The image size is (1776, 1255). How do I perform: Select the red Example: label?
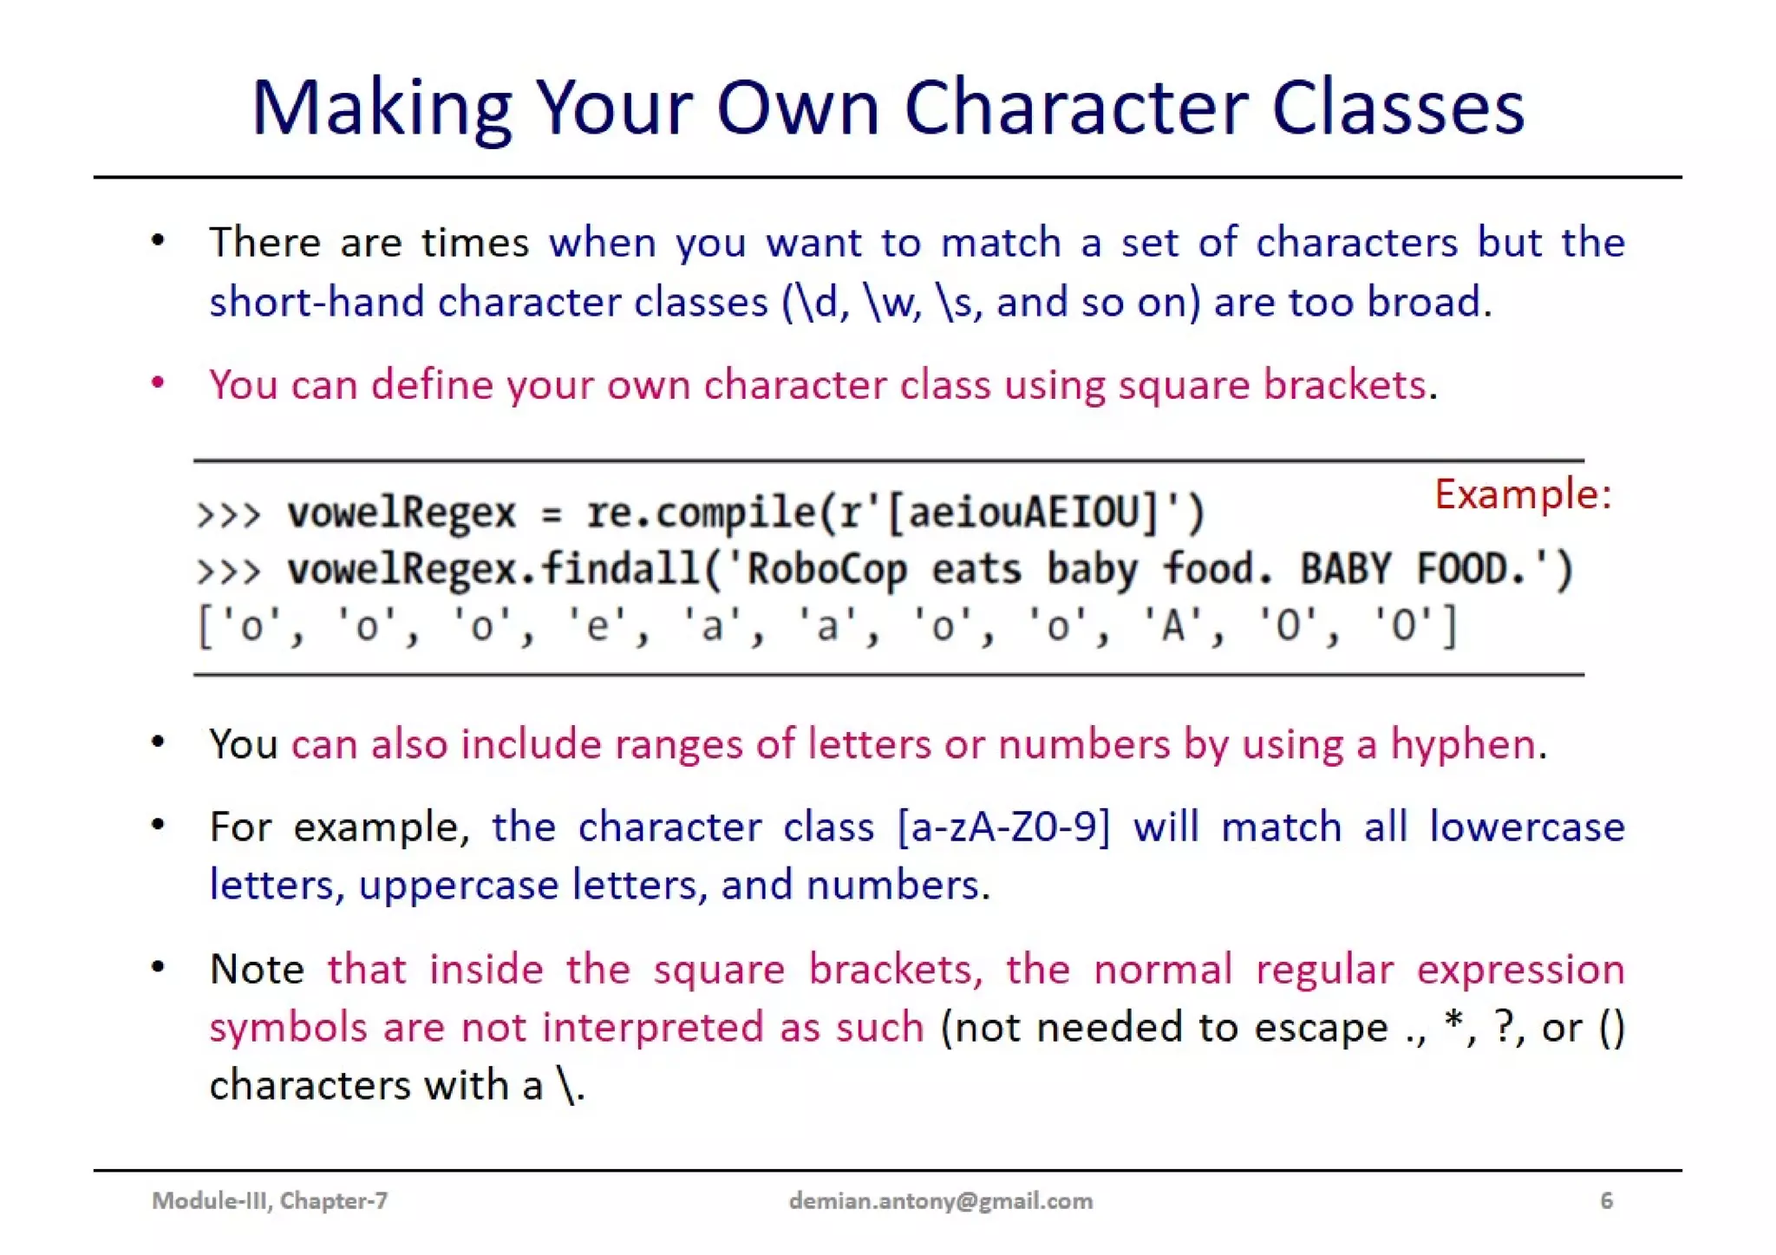pyautogui.click(x=1522, y=494)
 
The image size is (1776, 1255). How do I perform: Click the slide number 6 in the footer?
pyautogui.click(x=1606, y=1200)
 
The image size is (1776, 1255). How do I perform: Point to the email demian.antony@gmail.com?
pyautogui.click(x=941, y=1200)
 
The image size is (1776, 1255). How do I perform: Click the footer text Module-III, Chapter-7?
pyautogui.click(x=270, y=1200)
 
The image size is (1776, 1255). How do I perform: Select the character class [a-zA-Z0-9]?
pyautogui.click(x=1003, y=827)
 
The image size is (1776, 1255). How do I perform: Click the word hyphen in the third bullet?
pyautogui.click(x=1463, y=744)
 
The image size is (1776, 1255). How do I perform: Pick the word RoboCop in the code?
pyautogui.click(x=826, y=570)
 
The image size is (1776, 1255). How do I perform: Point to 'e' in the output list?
pyautogui.click(x=597, y=626)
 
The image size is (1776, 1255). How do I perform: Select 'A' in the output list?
pyautogui.click(x=1172, y=626)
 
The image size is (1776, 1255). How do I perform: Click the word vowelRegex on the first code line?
pyautogui.click(x=402, y=513)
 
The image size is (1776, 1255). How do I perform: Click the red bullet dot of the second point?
pyautogui.click(x=158, y=382)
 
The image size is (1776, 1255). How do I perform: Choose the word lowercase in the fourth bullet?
pyautogui.click(x=1526, y=827)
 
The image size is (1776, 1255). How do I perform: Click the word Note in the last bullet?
pyautogui.click(x=257, y=969)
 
